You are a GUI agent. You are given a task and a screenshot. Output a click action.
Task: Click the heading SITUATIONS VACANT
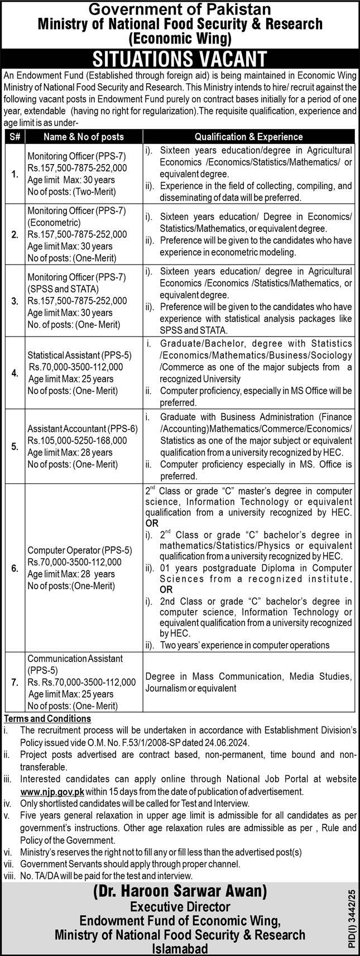click(180, 59)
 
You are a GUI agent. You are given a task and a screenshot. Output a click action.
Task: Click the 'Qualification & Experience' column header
click(248, 136)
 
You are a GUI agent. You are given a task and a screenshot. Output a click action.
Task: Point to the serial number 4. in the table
click(15, 373)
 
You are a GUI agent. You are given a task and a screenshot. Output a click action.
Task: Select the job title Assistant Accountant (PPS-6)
click(83, 428)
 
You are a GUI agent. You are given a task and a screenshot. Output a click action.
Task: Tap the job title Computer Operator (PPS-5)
click(80, 550)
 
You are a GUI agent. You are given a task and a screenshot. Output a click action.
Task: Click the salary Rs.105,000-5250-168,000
click(78, 440)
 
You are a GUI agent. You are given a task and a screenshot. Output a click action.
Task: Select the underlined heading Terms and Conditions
click(47, 719)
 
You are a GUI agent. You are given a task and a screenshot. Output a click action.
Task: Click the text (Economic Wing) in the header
click(179, 38)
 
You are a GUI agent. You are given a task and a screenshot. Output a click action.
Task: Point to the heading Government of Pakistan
click(180, 9)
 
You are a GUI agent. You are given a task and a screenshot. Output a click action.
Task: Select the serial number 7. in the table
click(15, 682)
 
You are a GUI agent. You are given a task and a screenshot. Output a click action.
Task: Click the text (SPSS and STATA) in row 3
click(63, 289)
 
